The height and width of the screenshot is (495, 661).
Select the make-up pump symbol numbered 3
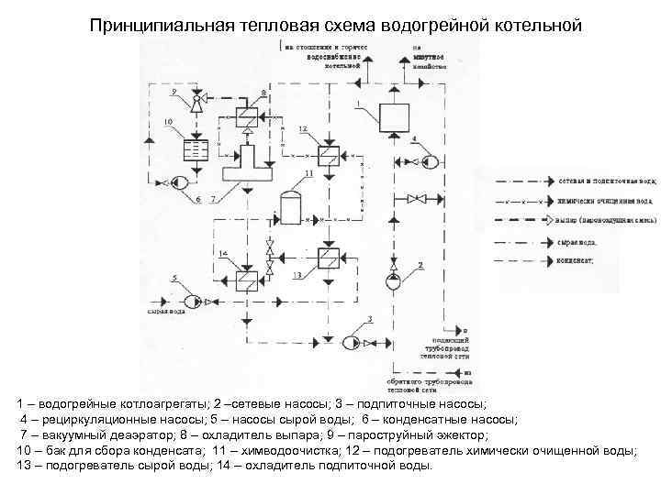pos(350,343)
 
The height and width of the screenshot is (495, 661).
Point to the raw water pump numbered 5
pos(192,301)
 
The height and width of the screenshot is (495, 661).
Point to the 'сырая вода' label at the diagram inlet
pos(166,312)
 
